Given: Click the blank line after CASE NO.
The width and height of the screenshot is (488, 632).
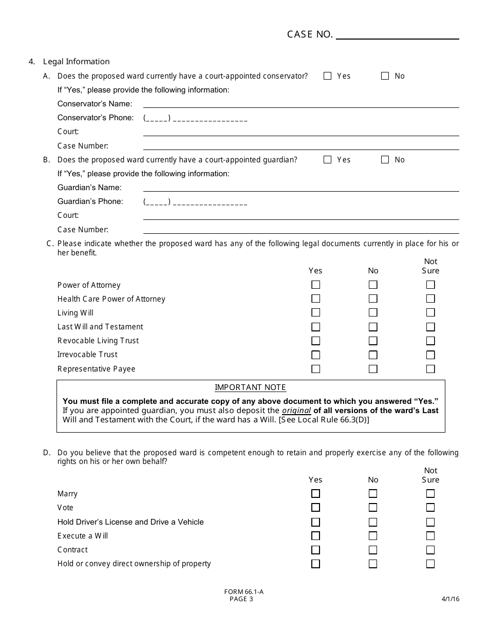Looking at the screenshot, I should click(x=397, y=35).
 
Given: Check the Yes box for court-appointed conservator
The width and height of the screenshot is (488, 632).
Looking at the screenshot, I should click(x=327, y=76).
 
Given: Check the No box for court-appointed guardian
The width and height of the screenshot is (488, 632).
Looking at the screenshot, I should click(x=385, y=160).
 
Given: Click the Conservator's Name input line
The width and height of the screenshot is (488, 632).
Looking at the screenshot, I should click(x=301, y=104).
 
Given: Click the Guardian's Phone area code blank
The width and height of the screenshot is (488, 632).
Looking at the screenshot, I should click(x=157, y=202).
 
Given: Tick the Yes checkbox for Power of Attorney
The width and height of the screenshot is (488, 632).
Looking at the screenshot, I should click(x=316, y=285).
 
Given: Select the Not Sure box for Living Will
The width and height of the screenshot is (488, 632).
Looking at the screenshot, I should click(x=430, y=312).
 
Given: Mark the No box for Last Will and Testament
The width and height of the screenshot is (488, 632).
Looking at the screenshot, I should click(x=373, y=327).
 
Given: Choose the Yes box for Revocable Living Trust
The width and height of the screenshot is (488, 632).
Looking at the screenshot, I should click(x=316, y=341).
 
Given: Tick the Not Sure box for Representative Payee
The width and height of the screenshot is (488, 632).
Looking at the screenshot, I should click(x=430, y=369).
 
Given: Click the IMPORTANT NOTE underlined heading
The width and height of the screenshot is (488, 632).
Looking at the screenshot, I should click(x=250, y=387).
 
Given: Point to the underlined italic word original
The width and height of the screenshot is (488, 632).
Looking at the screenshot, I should click(x=296, y=411).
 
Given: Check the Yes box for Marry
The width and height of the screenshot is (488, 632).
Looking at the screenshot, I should click(x=316, y=494).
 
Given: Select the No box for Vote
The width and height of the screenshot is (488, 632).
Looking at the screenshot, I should click(x=373, y=508).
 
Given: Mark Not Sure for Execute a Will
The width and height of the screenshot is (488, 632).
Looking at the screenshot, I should click(x=430, y=536).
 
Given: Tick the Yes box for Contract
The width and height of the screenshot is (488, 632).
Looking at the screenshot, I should click(x=316, y=550).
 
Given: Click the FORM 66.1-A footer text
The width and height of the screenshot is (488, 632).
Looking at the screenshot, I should click(x=243, y=591).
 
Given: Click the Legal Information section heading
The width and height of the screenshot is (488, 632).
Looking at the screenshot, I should click(x=76, y=62).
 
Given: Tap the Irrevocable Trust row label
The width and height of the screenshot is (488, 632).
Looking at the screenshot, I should click(x=87, y=355).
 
